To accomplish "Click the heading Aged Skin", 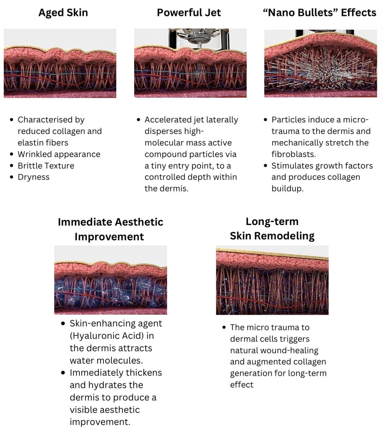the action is point(63,13).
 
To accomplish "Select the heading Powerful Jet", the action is point(189,13).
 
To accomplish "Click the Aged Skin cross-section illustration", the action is point(60,63).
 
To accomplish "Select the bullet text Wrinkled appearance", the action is point(59,154).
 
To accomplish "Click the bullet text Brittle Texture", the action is point(46,166).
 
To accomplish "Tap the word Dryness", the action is point(34,177).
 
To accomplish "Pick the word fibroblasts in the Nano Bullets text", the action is point(294,154).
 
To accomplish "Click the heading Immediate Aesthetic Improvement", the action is point(110,229).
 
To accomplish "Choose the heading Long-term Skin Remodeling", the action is point(272,228).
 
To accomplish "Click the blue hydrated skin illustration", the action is point(111,280).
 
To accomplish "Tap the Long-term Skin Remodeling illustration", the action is point(272,280).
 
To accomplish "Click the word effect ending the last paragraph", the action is point(242,385).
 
